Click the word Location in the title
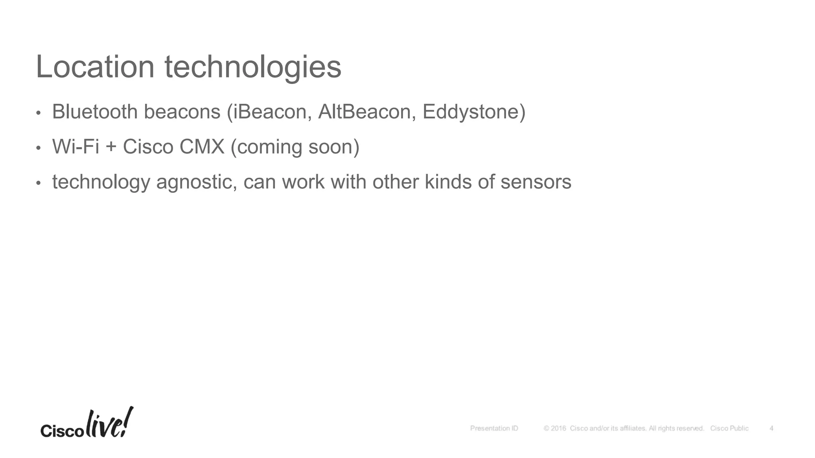pyautogui.click(x=95, y=67)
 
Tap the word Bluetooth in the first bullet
pyautogui.click(x=95, y=112)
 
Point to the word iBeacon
pyautogui.click(x=269, y=112)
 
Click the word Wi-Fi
pyautogui.click(x=76, y=147)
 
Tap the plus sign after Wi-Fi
pyautogui.click(x=111, y=147)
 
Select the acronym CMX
pyautogui.click(x=202, y=147)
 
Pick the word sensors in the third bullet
pyautogui.click(x=536, y=182)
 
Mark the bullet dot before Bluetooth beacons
pyautogui.click(x=38, y=113)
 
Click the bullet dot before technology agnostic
pyautogui.click(x=38, y=183)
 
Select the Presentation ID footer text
pyautogui.click(x=494, y=428)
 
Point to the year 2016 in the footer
pyautogui.click(x=558, y=428)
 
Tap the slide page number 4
pyautogui.click(x=771, y=428)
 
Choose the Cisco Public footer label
pyautogui.click(x=729, y=428)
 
